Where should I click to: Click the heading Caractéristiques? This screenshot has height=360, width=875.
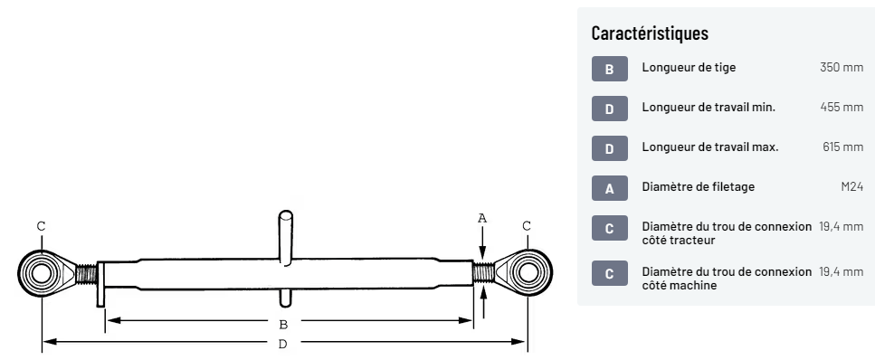(x=650, y=33)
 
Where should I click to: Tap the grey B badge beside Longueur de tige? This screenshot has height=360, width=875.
(x=609, y=69)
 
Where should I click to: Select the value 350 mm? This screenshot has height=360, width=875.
(x=841, y=68)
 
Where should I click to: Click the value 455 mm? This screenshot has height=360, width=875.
(x=842, y=107)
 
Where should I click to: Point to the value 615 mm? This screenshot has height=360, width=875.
(x=842, y=147)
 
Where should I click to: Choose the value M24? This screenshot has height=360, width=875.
(x=852, y=187)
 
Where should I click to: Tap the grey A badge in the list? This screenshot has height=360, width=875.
(x=609, y=188)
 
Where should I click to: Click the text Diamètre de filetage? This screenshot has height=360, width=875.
(x=699, y=187)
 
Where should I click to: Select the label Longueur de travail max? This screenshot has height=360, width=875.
(x=709, y=147)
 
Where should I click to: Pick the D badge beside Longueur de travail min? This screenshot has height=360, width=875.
(x=609, y=109)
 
